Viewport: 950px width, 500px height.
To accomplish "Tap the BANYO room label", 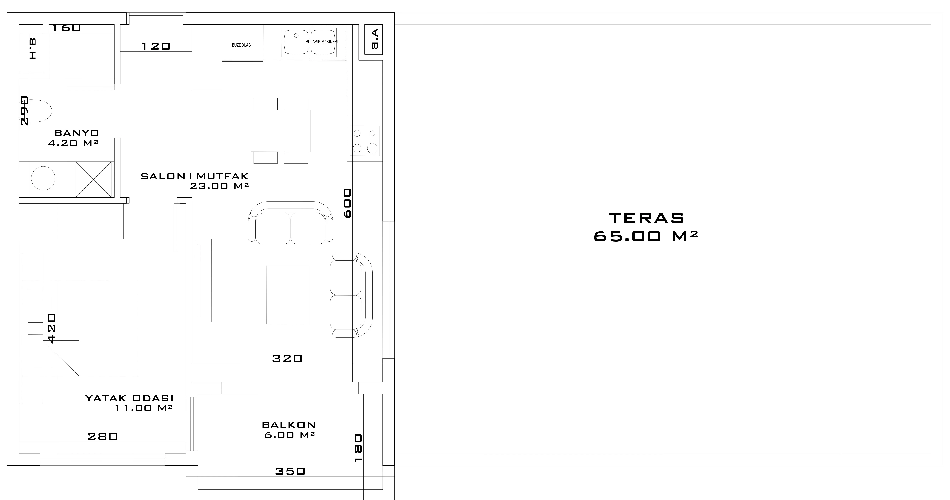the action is coord(77,133).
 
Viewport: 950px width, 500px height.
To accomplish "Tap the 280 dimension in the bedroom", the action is coord(102,436).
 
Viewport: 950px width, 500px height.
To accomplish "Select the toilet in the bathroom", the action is coord(40,111).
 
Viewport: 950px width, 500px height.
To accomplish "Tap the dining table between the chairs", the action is coord(281,131).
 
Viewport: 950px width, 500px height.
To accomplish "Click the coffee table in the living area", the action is coord(288,295).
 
